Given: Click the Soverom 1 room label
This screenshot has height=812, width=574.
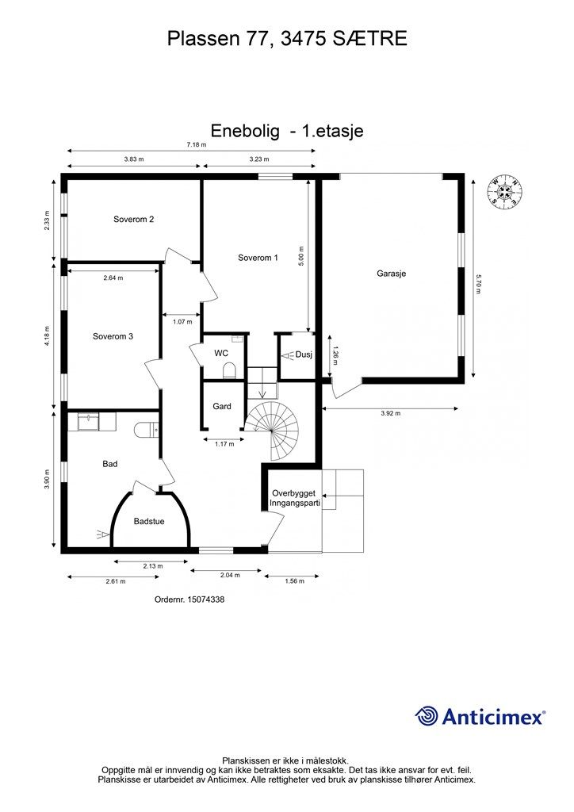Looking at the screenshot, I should pos(258,257).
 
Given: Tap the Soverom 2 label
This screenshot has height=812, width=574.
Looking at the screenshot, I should pos(133,220).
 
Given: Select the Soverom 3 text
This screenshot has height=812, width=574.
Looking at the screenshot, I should pos(113,336).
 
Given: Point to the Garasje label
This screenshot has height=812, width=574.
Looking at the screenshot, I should pos(392,273).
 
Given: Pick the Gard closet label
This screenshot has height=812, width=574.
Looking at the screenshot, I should pos(222,406).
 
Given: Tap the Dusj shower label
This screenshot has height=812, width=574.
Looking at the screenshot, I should pos(304,354).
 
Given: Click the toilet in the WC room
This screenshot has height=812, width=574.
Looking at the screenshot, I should pos(230,370).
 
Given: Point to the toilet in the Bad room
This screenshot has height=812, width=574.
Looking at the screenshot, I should pos(147,429).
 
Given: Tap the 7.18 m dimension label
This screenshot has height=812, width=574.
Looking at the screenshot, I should pos(196,144).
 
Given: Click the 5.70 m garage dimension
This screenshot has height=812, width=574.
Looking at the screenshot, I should pos(479,283).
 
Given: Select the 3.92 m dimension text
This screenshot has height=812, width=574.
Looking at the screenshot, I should pos(390,414).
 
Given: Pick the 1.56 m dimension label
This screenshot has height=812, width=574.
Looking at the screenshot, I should pos(295,582).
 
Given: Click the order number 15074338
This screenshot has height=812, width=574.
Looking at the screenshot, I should pos(189,600).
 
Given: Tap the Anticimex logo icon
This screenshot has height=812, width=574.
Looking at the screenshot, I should pos(427,716).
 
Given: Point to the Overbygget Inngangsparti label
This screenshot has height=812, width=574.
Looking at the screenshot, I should pos(294,498).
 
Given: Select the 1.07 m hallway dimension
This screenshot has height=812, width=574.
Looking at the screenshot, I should pos(182,321).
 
